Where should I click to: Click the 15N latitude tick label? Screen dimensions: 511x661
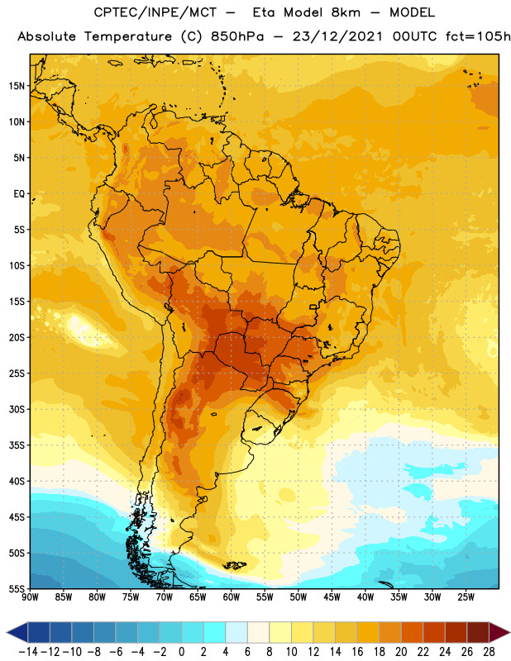pos(17,86)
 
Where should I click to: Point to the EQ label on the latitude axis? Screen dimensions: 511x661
pos(19,194)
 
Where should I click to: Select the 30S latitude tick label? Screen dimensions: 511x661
pos(17,409)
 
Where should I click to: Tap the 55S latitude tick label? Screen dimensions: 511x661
pos(17,588)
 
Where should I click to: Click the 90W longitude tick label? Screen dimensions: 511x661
pos(30,597)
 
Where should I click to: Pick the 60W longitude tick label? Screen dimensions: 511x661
pos(232,597)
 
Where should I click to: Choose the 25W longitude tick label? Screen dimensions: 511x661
pos(466,597)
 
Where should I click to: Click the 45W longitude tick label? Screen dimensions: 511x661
pos(332,597)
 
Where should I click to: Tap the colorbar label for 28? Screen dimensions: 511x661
pos(489,652)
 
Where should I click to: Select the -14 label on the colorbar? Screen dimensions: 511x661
pos(28,652)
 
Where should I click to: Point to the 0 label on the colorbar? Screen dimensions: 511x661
pos(181,652)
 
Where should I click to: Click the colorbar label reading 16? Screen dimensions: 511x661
pos(357,652)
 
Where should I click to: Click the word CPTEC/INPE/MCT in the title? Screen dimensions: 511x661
pos(155,12)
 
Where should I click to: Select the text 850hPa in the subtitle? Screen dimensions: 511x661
pos(237,36)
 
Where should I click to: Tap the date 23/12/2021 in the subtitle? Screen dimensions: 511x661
pos(337,36)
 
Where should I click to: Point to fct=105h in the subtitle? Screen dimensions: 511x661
pos(478,36)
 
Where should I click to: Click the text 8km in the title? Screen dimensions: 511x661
pos(346,12)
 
